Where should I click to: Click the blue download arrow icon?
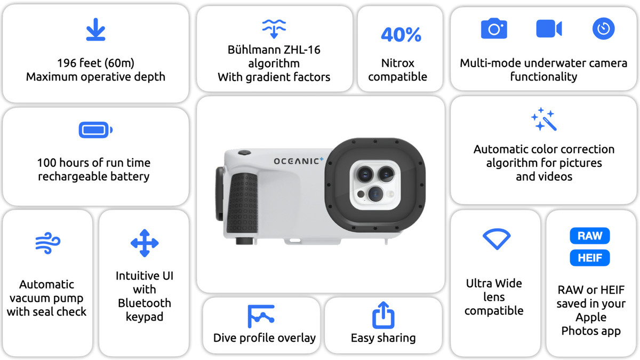tap(95, 29)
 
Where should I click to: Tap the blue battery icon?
tap(95, 130)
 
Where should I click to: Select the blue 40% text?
tap(401, 35)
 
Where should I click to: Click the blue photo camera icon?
tap(494, 28)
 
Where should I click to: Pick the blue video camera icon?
tap(549, 29)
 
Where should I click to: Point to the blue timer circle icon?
tap(603, 29)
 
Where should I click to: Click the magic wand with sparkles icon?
tap(544, 119)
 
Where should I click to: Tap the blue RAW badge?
tap(590, 236)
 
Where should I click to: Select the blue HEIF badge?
tap(590, 258)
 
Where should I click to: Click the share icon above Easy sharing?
tap(383, 315)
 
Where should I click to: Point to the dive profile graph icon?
tap(261, 316)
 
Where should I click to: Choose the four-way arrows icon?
tap(145, 243)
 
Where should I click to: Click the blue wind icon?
tap(47, 243)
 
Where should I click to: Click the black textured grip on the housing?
tap(243, 203)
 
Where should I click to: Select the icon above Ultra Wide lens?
tap(497, 239)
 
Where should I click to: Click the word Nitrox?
tap(398, 63)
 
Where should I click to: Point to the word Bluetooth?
tap(145, 303)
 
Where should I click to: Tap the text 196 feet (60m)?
tap(95, 63)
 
